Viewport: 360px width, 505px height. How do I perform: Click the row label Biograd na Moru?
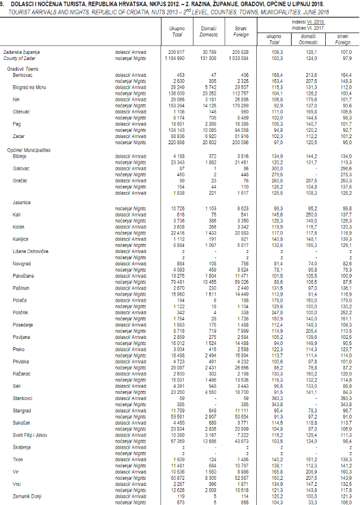tap(29, 87)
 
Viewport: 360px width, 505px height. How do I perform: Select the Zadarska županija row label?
tap(21, 52)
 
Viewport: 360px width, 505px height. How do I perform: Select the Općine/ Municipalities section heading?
tap(29, 150)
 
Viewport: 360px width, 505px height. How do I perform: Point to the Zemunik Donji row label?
tap(28, 496)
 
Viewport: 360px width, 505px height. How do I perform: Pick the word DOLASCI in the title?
tap(21, 5)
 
